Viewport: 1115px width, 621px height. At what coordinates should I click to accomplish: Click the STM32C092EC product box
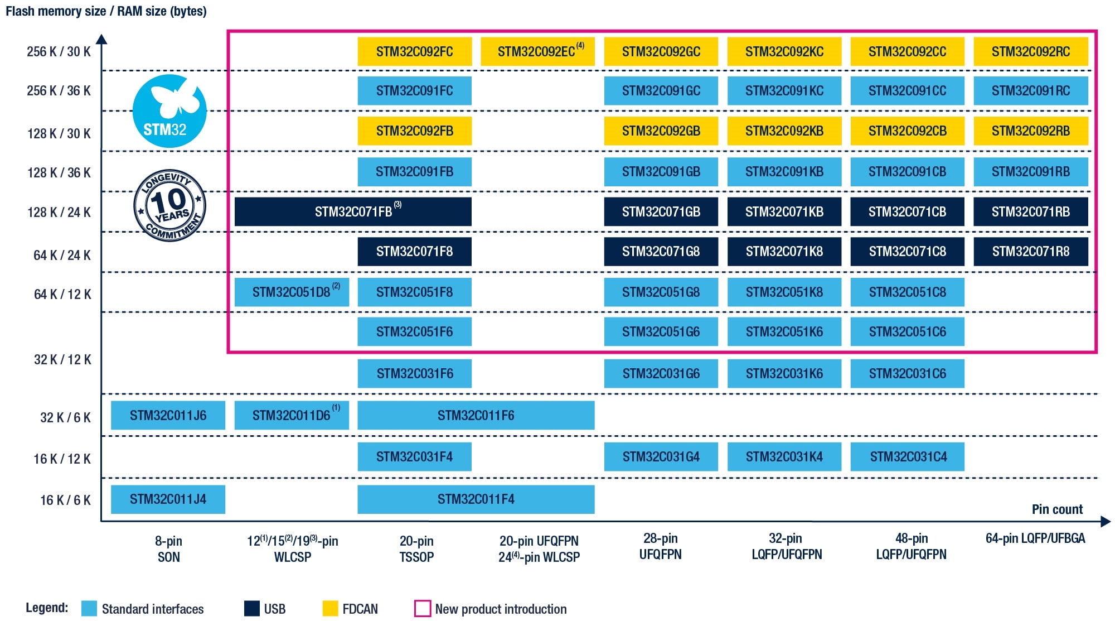537,52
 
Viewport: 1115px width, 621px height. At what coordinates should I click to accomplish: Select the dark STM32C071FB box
353,211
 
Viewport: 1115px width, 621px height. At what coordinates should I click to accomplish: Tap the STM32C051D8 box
292,292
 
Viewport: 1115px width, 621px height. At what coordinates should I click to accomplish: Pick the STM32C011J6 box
168,416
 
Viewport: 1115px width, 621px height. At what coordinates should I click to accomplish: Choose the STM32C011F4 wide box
476,499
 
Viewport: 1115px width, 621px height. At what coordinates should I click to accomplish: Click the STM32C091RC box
1030,91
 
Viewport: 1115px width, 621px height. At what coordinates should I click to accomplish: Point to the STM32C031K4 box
784,457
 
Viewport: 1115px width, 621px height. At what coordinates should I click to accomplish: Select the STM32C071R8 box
1030,252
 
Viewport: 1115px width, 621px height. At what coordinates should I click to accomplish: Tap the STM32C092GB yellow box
661,131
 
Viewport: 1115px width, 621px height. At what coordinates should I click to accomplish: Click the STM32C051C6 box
907,332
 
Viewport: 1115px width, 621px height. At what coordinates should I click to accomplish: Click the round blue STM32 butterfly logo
169,111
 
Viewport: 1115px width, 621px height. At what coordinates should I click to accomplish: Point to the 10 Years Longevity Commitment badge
170,205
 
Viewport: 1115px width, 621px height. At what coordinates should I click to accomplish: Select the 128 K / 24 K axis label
59,213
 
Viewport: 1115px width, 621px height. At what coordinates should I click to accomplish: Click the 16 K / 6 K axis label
65,500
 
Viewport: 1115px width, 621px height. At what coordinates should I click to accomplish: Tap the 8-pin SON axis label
168,549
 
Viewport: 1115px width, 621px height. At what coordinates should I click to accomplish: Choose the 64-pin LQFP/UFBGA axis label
1035,538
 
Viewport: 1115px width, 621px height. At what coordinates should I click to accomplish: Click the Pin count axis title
1056,509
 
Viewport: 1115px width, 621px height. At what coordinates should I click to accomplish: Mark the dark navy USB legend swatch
252,608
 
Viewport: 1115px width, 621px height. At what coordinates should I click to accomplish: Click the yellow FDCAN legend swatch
330,608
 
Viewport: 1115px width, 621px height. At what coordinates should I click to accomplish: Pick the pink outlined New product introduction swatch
423,608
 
